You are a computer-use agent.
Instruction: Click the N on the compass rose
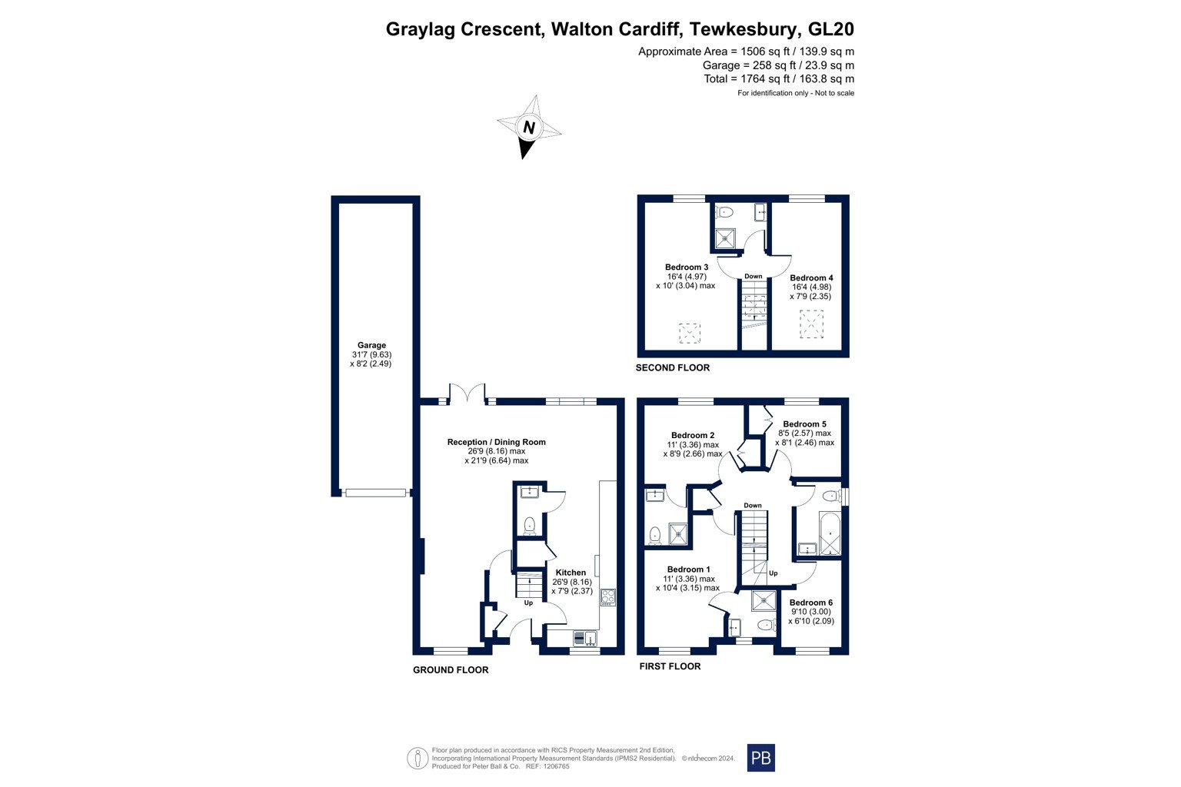pyautogui.click(x=529, y=128)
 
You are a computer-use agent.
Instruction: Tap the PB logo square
pyautogui.click(x=760, y=758)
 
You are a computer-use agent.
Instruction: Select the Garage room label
pyautogui.click(x=371, y=345)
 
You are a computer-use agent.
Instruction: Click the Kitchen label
pyautogui.click(x=571, y=573)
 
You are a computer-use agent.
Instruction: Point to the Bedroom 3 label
pyautogui.click(x=687, y=267)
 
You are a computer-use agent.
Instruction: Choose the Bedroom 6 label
pyautogui.click(x=811, y=603)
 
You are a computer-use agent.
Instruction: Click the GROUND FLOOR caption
pyautogui.click(x=451, y=670)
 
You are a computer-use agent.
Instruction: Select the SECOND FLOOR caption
pyautogui.click(x=673, y=368)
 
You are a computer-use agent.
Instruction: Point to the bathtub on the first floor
pyautogui.click(x=830, y=533)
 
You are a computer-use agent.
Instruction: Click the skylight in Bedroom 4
pyautogui.click(x=811, y=324)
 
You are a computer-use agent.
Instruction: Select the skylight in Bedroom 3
pyautogui.click(x=690, y=334)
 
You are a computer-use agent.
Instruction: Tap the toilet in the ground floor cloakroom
pyautogui.click(x=529, y=525)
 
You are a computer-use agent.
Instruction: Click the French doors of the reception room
pyautogui.click(x=467, y=393)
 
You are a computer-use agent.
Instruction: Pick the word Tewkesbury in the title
pyautogui.click(x=743, y=29)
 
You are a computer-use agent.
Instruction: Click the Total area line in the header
pyautogui.click(x=779, y=78)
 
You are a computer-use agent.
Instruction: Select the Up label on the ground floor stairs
pyautogui.click(x=528, y=603)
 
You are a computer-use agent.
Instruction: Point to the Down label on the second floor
pyautogui.click(x=753, y=276)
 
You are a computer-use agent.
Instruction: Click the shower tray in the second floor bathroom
pyautogui.click(x=725, y=238)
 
